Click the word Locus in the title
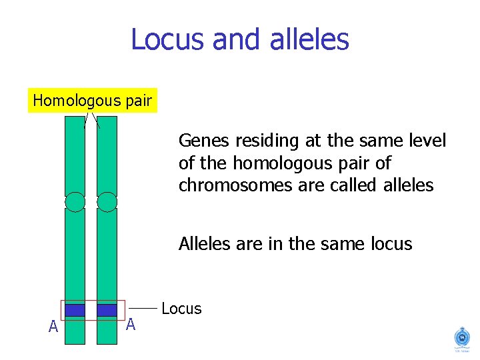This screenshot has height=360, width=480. click(168, 39)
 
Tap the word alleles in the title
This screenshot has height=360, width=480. click(309, 39)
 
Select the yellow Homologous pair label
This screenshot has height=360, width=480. click(93, 101)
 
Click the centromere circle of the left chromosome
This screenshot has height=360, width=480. click(75, 201)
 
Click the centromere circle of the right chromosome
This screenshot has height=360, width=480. click(107, 201)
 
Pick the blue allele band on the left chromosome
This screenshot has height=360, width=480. click(75, 310)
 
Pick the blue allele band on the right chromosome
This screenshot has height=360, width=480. click(107, 310)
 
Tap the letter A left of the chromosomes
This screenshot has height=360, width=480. click(53, 327)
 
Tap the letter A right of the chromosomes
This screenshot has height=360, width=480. click(131, 325)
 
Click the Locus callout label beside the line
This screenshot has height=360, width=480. click(181, 309)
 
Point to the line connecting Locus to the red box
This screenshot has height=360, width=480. click(143, 309)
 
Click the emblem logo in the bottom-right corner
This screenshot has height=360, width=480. click(461, 337)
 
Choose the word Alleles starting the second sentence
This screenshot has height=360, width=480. click(203, 244)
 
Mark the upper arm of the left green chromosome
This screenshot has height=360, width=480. click(75, 157)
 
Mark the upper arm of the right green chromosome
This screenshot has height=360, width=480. click(107, 157)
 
